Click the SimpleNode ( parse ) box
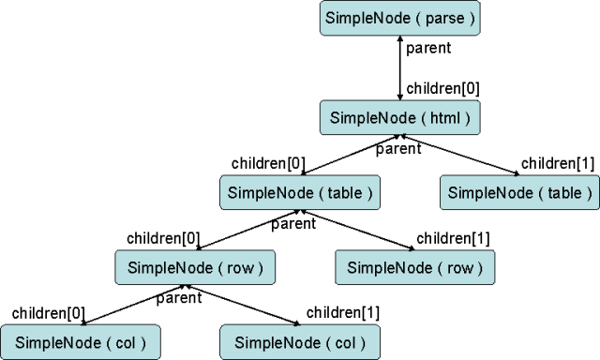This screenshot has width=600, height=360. (x=400, y=18)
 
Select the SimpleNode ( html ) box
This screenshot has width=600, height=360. (x=400, y=118)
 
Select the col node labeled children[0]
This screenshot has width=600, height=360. (x=80, y=341)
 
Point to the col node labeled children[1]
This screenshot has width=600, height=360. (x=300, y=341)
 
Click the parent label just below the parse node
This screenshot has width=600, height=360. (x=429, y=48)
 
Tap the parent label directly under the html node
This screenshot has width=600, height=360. (x=397, y=148)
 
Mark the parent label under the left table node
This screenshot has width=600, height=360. (x=292, y=223)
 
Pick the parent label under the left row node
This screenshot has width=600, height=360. (x=178, y=298)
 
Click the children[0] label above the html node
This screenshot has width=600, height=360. (x=442, y=89)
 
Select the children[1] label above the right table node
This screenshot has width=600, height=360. (x=557, y=163)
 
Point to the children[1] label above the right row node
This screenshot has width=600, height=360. (x=452, y=237)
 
